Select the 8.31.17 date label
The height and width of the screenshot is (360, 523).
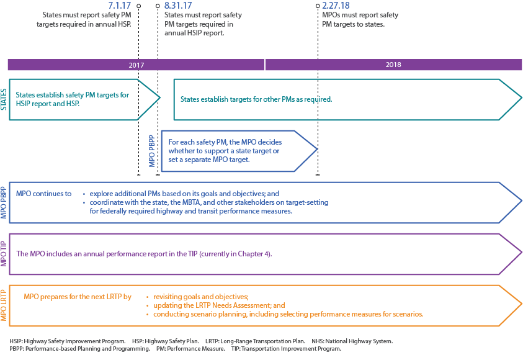point(179,5)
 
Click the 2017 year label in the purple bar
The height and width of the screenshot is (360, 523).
point(136,65)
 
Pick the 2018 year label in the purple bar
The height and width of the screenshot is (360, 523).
point(393,65)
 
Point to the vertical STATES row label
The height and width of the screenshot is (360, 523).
point(4,99)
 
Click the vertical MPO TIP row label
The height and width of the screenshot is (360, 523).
point(4,253)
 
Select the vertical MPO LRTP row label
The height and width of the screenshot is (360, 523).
point(4,305)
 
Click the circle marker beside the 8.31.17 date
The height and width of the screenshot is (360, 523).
point(158,5)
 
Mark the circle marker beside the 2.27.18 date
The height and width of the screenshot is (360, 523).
point(318,5)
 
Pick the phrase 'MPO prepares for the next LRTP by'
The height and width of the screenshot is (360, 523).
point(78,297)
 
